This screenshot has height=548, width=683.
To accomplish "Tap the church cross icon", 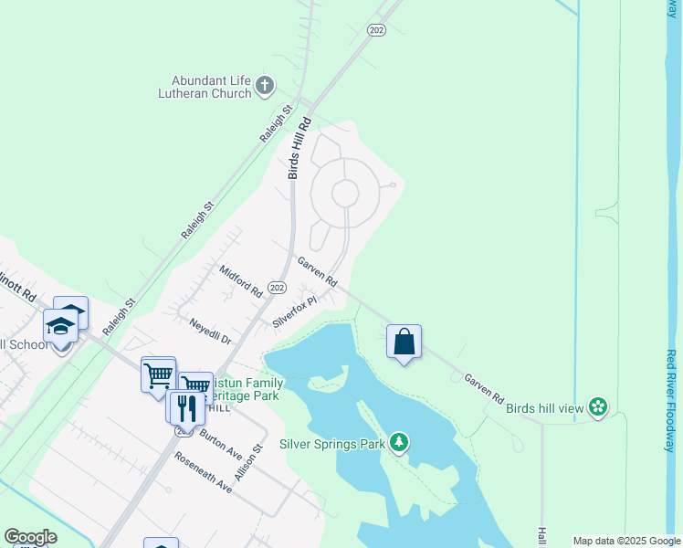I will tap(265, 86).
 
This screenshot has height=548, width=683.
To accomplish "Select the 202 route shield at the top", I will tap(376, 30).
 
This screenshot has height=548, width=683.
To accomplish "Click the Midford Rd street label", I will tap(241, 281).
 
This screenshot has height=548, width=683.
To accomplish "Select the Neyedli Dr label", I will tap(210, 331).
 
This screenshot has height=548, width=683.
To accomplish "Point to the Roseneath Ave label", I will tap(204, 473).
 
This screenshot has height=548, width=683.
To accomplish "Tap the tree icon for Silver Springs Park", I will tap(398, 444).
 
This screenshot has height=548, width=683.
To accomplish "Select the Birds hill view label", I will tap(544, 407).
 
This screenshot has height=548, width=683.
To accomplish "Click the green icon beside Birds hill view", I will tap(598, 406).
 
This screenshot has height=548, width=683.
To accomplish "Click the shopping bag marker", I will tap(405, 342).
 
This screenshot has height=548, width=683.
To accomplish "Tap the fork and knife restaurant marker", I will tap(185, 407).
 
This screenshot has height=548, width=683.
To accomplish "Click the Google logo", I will tap(30, 537).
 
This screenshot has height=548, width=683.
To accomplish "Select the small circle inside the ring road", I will tap(345, 194).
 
